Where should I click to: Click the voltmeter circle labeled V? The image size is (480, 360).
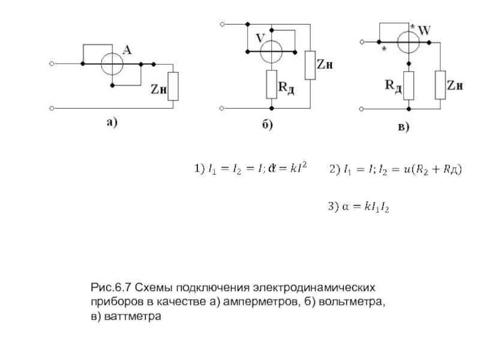click(271, 52)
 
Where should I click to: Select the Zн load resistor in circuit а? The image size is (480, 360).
click(173, 86)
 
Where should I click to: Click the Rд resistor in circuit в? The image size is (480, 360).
click(409, 85)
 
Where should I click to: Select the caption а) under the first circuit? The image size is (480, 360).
click(112, 123)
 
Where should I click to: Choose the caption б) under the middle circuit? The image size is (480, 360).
click(267, 125)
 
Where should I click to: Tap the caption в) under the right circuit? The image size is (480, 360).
click(403, 127)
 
